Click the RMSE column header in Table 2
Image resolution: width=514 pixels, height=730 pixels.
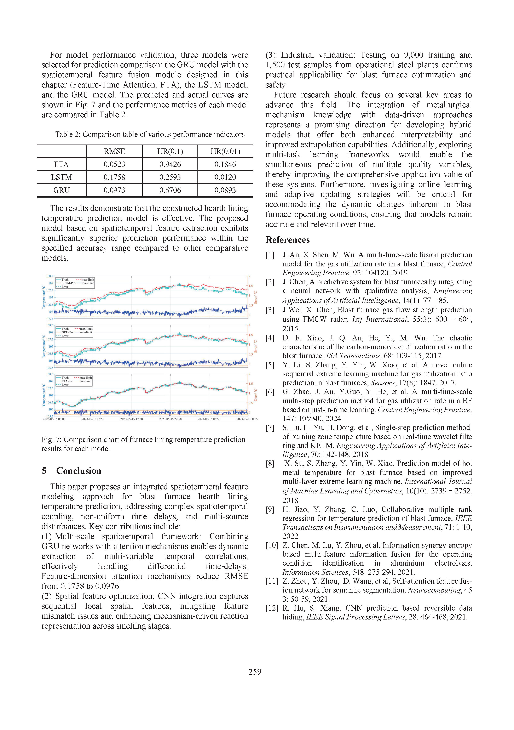(x=114, y=151)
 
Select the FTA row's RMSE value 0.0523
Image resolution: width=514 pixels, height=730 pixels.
(x=114, y=164)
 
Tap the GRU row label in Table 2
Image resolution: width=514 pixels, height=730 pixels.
(x=61, y=190)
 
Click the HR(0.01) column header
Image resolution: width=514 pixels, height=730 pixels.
(x=225, y=151)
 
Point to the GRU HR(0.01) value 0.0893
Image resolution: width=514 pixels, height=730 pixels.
(x=225, y=190)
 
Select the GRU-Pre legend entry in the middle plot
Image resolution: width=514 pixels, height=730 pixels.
(x=67, y=332)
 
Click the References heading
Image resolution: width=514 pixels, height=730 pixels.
(x=288, y=240)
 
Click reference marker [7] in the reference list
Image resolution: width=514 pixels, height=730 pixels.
(x=270, y=428)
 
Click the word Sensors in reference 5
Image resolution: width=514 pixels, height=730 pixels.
(x=383, y=383)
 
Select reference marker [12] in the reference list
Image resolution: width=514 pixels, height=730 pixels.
(x=272, y=608)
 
